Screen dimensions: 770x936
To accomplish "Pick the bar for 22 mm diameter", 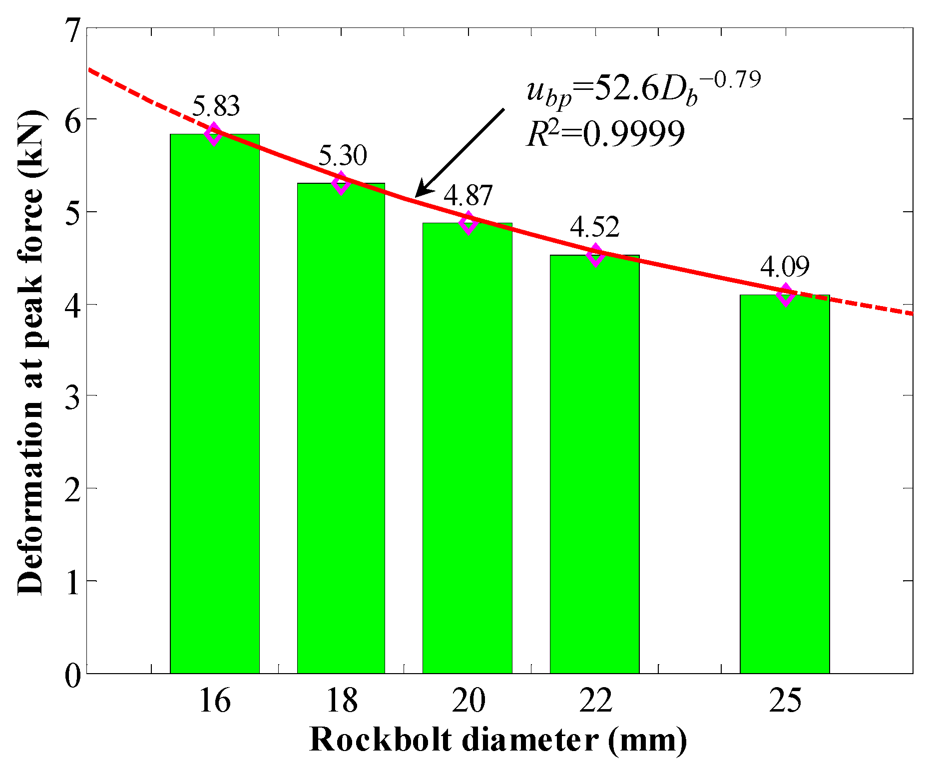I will tap(594, 464).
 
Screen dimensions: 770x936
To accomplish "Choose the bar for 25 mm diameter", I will tap(785, 484).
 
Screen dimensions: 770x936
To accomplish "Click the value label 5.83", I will tap(216, 106).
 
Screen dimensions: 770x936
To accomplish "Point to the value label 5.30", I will tap(343, 155).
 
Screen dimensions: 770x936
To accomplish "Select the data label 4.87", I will tap(468, 195).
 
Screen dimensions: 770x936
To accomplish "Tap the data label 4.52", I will tap(595, 227).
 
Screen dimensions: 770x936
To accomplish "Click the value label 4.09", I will tap(785, 267).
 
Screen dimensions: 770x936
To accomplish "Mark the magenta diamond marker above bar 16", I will tap(214, 134).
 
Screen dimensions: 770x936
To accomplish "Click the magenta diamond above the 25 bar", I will tap(786, 295).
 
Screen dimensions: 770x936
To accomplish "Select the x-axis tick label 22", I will tap(595, 700).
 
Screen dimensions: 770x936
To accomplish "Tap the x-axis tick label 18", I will tap(342, 700).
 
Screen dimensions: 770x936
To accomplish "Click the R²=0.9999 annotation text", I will tap(605, 134).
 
